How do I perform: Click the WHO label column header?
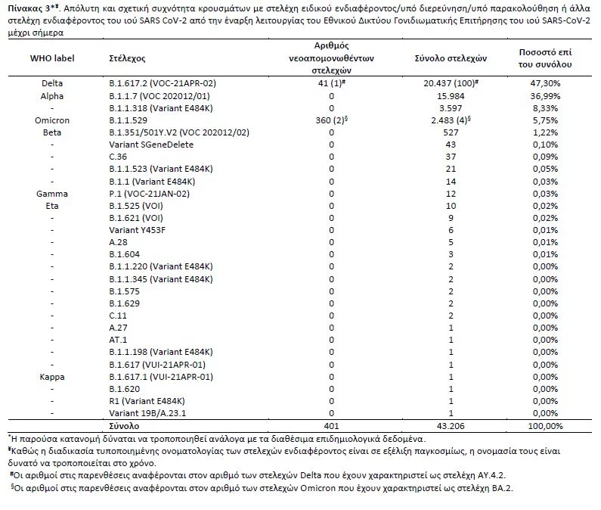(51, 58)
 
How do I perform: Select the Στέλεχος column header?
(127, 58)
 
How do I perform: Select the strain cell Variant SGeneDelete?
(151, 145)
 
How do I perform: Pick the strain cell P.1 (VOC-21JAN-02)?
(149, 194)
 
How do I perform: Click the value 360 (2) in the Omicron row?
(331, 120)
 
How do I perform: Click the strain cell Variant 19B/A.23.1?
(147, 412)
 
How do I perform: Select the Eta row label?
(51, 206)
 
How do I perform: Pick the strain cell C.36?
(119, 157)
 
